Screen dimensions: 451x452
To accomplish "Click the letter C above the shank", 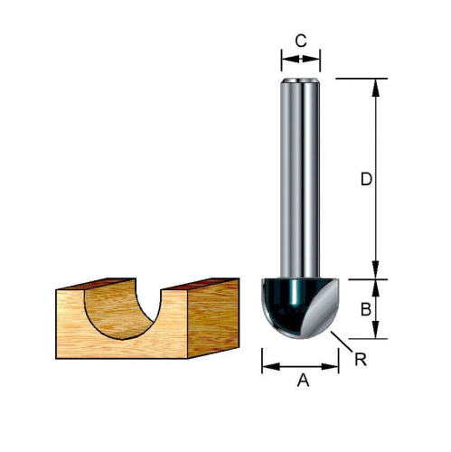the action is pyautogui.click(x=301, y=41).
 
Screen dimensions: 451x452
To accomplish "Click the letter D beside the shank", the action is pyautogui.click(x=366, y=180).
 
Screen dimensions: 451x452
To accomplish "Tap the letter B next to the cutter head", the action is pyautogui.click(x=366, y=309).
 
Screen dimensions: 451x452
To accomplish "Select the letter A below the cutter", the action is pyautogui.click(x=303, y=381).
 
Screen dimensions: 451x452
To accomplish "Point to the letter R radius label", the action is pyautogui.click(x=361, y=359).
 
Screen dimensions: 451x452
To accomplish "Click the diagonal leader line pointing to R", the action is pyautogui.click(x=342, y=342).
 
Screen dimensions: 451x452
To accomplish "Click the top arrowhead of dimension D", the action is pyautogui.click(x=375, y=88).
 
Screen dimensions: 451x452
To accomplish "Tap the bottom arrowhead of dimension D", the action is pyautogui.click(x=375, y=270).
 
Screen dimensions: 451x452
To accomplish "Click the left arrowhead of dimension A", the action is pyautogui.click(x=271, y=367).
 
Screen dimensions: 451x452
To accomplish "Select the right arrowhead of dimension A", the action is pyautogui.click(x=330, y=367).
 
